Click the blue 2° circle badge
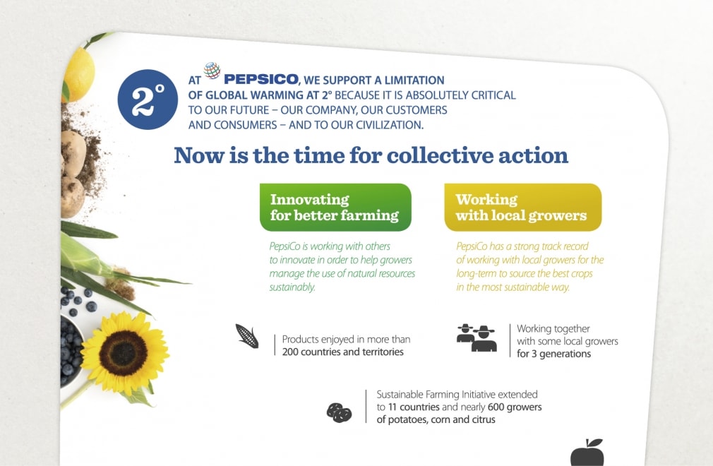148,100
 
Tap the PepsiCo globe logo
212,71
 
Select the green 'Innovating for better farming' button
335,208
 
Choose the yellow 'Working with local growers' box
522,208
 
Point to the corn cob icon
247,336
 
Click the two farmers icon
477,338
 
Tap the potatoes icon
339,412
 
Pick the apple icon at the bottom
587,453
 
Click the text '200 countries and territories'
342,352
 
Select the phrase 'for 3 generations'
553,354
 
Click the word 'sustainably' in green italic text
292,287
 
